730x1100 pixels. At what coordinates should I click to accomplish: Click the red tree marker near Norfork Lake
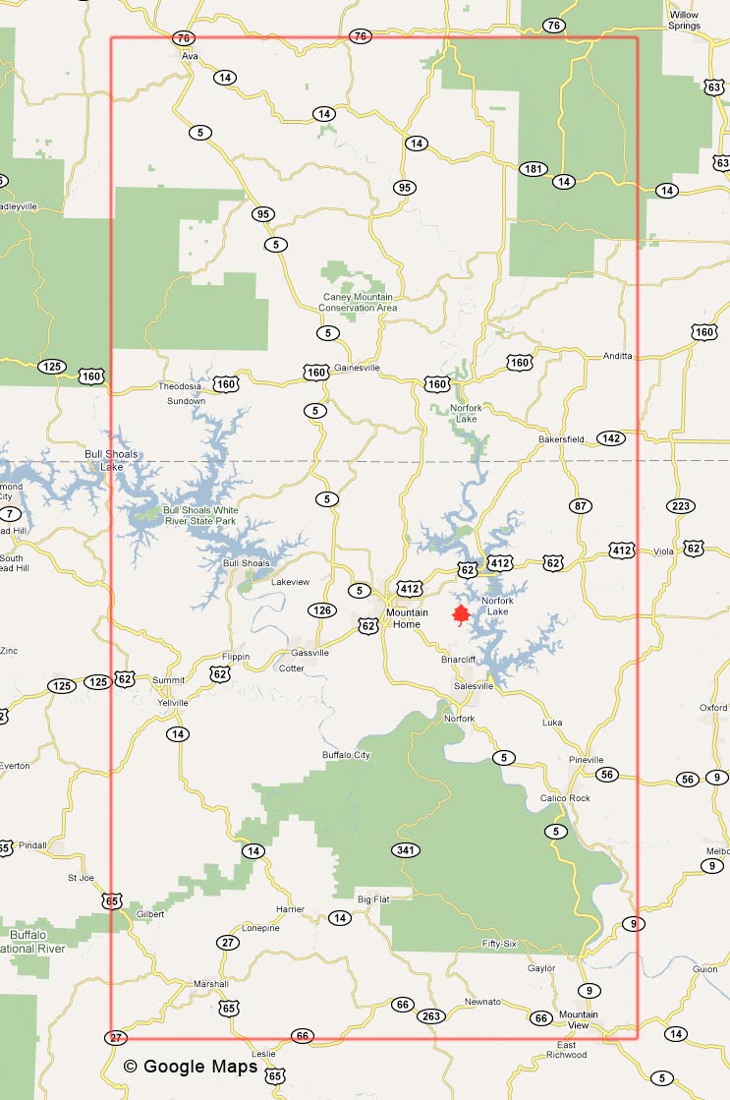tap(459, 615)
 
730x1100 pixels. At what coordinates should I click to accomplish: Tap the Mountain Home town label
tap(407, 618)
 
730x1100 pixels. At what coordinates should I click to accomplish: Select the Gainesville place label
tap(357, 368)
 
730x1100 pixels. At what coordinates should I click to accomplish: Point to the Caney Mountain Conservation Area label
tap(361, 303)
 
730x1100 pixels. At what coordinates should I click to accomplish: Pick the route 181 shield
tap(533, 169)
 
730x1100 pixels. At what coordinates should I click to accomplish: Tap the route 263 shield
tap(430, 1015)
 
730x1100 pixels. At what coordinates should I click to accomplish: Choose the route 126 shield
tap(321, 610)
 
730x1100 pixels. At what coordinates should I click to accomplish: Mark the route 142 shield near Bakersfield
tap(610, 438)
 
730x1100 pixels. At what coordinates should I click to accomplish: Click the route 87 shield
tap(581, 505)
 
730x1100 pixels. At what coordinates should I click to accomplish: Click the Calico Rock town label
tap(565, 798)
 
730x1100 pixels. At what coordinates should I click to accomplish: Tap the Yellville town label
tap(172, 703)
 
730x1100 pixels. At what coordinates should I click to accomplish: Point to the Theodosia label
tap(180, 386)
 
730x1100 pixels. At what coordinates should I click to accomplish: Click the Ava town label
tap(190, 56)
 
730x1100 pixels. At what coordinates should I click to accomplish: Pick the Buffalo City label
tap(346, 755)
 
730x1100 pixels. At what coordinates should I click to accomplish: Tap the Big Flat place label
tap(373, 898)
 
